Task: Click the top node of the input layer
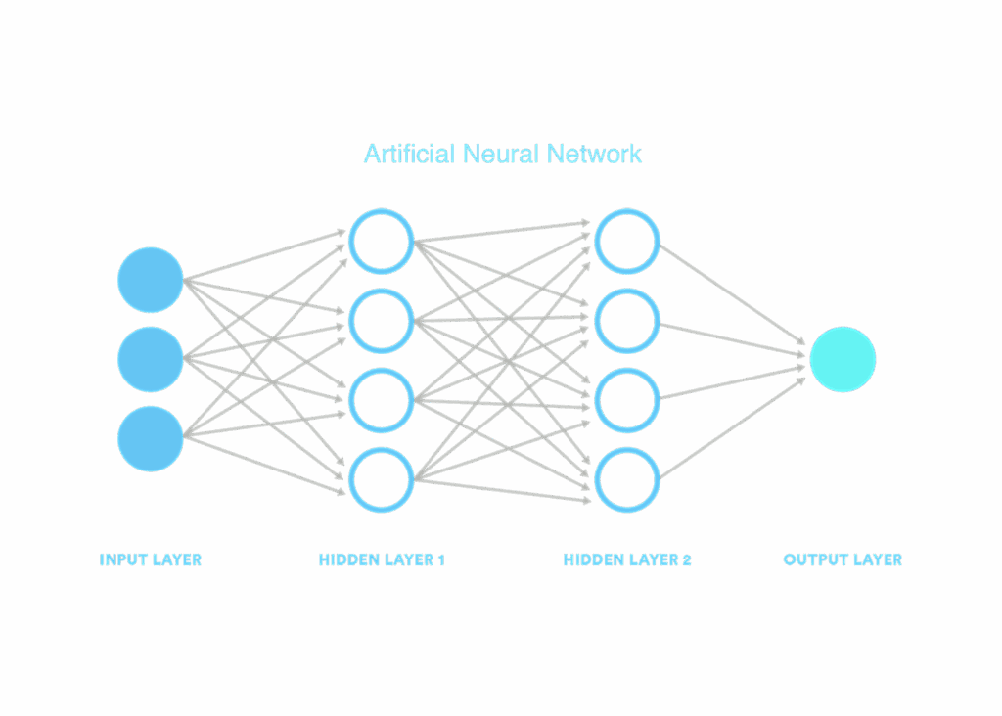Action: (x=151, y=281)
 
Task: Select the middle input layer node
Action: (x=151, y=359)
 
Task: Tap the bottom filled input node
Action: (x=151, y=438)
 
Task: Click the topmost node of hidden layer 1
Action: (x=382, y=241)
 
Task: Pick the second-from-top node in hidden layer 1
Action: (x=382, y=321)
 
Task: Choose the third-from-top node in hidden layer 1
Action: (x=382, y=400)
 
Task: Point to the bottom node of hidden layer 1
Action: (x=382, y=479)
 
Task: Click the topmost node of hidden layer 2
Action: (x=627, y=241)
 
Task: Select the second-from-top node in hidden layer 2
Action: (x=627, y=321)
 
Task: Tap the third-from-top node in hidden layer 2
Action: (x=627, y=400)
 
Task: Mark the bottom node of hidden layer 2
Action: (x=627, y=479)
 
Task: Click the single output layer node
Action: (x=843, y=360)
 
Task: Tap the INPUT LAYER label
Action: (x=151, y=560)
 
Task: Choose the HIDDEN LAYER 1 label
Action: (x=382, y=560)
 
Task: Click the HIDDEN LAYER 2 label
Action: (x=627, y=560)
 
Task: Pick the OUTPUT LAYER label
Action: (x=843, y=560)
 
